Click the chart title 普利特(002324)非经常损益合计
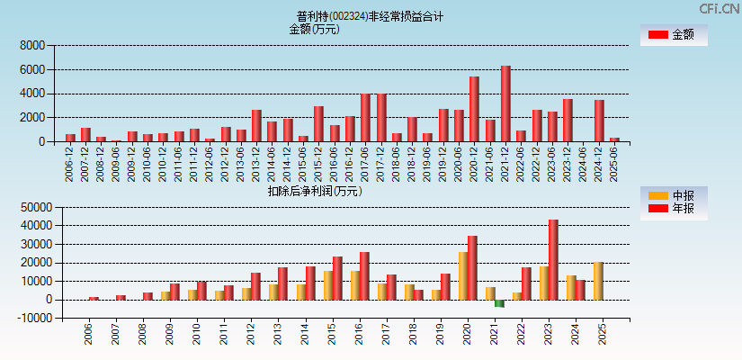(x=370, y=16)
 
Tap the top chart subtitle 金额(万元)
(x=314, y=29)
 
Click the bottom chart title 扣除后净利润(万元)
(x=314, y=191)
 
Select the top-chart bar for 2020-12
(x=474, y=109)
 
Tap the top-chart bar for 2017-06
(x=365, y=117)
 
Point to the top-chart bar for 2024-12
(x=599, y=121)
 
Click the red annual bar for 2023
(x=553, y=259)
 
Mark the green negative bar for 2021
(x=499, y=303)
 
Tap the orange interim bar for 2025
(x=598, y=281)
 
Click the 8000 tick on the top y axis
(x=31, y=45)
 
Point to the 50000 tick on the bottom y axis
(x=29, y=207)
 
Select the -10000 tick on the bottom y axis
(x=27, y=319)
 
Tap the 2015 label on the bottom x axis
(x=332, y=334)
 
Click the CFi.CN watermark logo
(x=720, y=9)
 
